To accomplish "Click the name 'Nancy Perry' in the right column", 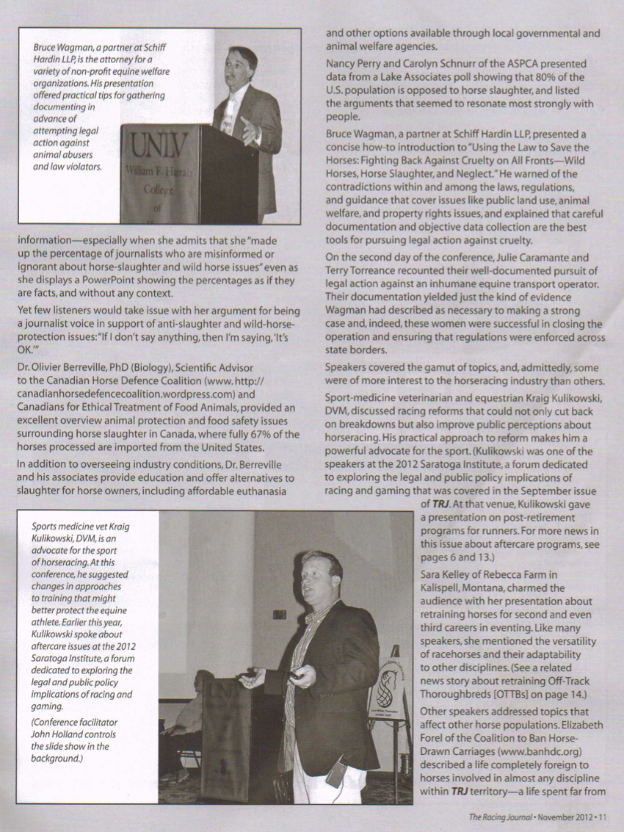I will coord(357,63).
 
